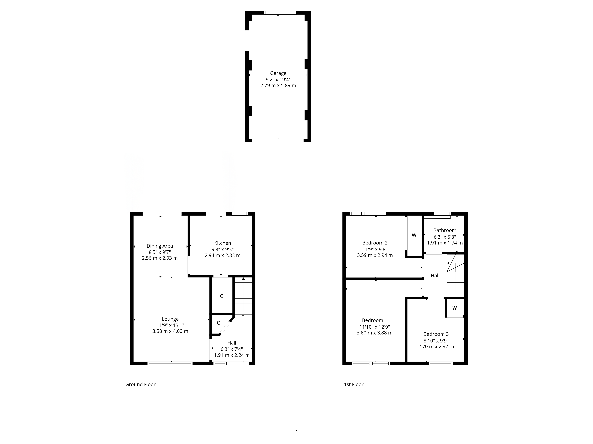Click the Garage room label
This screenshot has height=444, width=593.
[x=278, y=73]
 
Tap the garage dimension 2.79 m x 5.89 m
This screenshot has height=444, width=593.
[x=278, y=86]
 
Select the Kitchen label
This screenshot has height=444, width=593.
[x=223, y=243]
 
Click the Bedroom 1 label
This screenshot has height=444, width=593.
[x=374, y=320]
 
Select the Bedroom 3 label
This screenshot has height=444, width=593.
[x=436, y=334]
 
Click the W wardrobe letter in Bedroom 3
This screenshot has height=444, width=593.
[x=455, y=308]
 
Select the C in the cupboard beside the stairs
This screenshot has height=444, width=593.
[x=221, y=296]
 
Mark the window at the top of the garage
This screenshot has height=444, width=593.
[x=280, y=13]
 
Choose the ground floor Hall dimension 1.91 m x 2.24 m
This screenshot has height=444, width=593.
[x=232, y=355]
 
